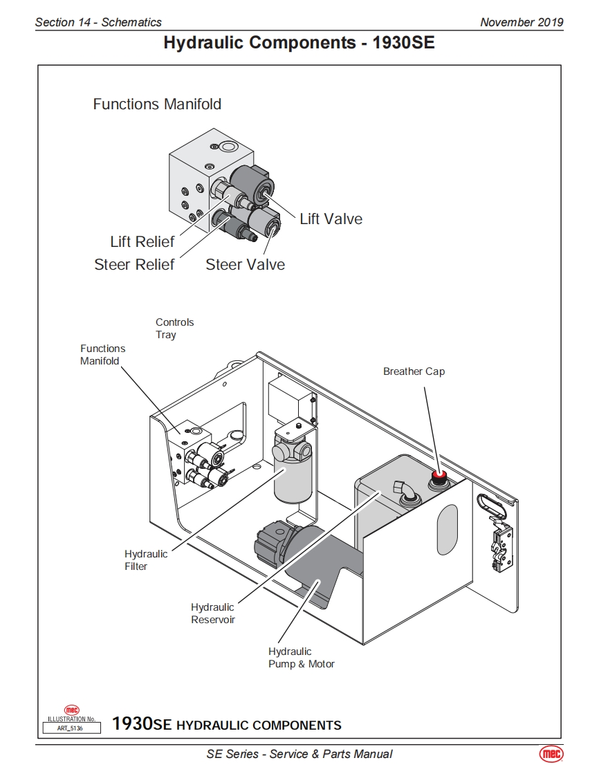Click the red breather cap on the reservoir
tap(439, 476)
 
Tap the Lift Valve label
tap(331, 219)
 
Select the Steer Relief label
tap(134, 264)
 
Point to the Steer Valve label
tap(245, 264)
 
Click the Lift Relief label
tap(142, 241)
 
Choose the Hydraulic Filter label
tap(145, 560)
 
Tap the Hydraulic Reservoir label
tap(213, 613)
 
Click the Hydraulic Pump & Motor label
tap(302, 658)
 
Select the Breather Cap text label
tap(414, 371)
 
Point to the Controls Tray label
tap(175, 328)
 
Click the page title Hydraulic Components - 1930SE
tap(299, 43)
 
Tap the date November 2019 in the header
tap(522, 22)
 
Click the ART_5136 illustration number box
tap(72, 728)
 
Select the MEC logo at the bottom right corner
tap(551, 754)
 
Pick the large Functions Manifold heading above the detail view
tap(157, 104)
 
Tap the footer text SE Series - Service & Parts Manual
tap(299, 754)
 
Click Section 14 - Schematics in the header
tap(98, 22)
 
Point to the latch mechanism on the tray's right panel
tap(501, 544)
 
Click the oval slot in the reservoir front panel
tap(447, 530)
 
